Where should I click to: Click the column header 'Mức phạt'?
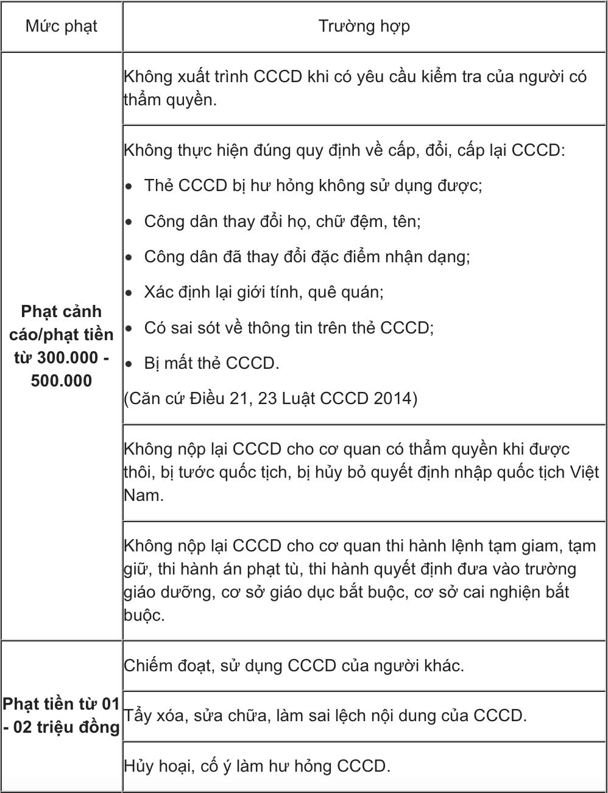point(61,27)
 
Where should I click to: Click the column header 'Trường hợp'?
point(364,27)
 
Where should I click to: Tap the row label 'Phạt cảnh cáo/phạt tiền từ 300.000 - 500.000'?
point(62,346)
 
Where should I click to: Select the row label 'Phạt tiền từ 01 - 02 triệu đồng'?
point(61,716)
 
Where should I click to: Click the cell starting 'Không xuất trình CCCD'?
point(355,89)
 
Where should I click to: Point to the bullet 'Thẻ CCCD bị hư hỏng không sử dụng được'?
point(313,186)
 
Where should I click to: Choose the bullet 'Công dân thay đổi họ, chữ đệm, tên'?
point(282,221)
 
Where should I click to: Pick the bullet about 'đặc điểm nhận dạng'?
point(306,256)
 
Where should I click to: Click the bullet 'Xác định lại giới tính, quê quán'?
point(263,292)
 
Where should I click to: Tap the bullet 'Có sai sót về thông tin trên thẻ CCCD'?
point(288,327)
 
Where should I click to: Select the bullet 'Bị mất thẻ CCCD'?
point(211,363)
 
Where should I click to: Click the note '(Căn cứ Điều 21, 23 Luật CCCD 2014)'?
point(270,399)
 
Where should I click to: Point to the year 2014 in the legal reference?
point(394,399)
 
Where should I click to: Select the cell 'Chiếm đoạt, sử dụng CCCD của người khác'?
point(294,665)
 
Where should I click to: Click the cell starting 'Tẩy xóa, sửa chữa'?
point(325,715)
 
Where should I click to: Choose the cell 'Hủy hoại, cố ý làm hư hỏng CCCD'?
point(256,765)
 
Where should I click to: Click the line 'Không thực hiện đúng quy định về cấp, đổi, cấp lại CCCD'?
point(344,150)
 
